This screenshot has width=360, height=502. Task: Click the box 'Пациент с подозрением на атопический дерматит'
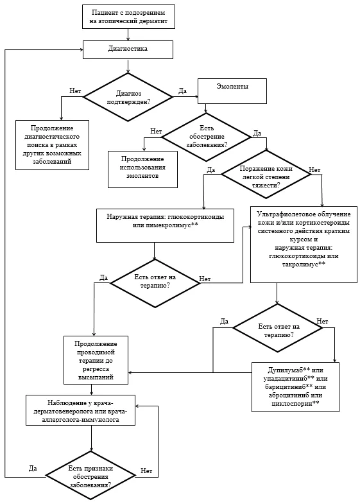(x=128, y=17)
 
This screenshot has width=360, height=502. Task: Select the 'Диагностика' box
(x=128, y=49)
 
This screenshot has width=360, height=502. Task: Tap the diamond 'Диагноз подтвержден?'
(x=128, y=98)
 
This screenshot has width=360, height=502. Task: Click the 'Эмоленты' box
(x=232, y=91)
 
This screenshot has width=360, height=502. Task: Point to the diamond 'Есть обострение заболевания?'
(x=207, y=137)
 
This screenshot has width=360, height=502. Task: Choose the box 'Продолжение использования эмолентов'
(x=142, y=169)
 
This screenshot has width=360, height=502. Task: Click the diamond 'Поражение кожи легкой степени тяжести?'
(x=266, y=175)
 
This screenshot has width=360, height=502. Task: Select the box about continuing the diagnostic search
(x=52, y=145)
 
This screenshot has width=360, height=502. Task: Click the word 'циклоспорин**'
(x=295, y=403)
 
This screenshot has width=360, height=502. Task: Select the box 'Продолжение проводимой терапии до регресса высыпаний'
(x=96, y=360)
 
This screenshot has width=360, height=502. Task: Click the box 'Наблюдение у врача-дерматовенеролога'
(x=80, y=410)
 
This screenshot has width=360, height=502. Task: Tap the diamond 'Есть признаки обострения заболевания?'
(x=90, y=476)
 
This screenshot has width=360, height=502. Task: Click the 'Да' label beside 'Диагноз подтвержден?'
(x=182, y=91)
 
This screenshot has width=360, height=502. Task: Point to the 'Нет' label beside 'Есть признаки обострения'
(x=146, y=471)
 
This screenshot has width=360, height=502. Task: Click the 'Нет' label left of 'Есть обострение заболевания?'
(x=156, y=131)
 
